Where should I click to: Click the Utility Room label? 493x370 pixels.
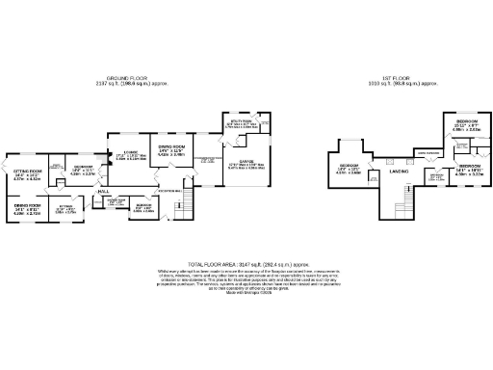click(x=242, y=123)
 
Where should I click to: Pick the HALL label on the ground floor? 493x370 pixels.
click(x=103, y=192)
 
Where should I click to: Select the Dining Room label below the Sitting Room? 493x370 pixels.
click(x=26, y=207)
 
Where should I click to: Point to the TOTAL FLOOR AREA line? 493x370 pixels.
click(x=246, y=262)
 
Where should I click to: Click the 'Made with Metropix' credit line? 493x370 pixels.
click(x=246, y=293)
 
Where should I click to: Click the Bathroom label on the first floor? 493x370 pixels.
click(x=436, y=177)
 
